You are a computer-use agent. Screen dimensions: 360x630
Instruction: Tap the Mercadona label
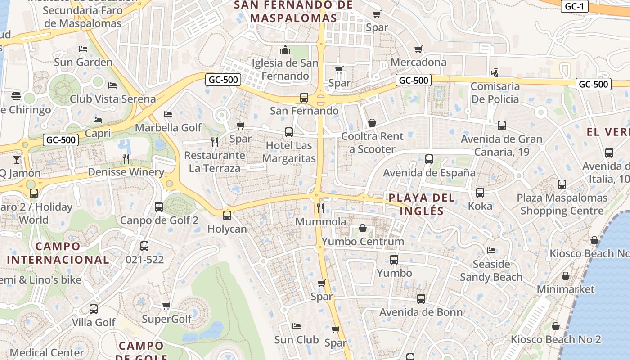click(418, 62)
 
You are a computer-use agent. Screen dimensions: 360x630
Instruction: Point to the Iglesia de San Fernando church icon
click(285, 49)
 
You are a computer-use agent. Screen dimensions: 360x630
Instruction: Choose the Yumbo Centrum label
click(363, 242)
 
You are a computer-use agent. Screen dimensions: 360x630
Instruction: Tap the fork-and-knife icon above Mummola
click(320, 208)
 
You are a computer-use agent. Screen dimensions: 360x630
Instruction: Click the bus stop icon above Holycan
click(227, 215)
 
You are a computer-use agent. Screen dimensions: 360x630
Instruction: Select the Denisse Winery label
click(126, 172)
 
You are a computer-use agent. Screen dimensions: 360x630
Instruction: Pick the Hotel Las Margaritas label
click(289, 152)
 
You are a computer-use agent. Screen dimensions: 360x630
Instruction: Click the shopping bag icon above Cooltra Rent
click(372, 123)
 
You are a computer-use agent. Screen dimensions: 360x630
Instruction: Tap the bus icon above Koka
click(480, 193)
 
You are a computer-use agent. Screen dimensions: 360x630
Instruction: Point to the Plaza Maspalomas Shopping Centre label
click(562, 204)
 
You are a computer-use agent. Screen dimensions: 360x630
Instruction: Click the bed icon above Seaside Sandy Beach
click(491, 251)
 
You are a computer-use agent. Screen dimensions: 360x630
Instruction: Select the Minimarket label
click(566, 289)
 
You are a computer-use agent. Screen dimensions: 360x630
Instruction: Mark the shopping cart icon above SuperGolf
click(166, 306)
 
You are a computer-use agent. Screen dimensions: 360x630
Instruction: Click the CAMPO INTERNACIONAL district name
click(58, 253)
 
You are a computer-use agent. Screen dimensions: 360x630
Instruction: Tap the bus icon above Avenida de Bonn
click(421, 299)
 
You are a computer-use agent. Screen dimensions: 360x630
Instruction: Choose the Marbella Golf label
click(169, 128)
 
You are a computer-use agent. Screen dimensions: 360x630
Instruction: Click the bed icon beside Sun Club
click(296, 326)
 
